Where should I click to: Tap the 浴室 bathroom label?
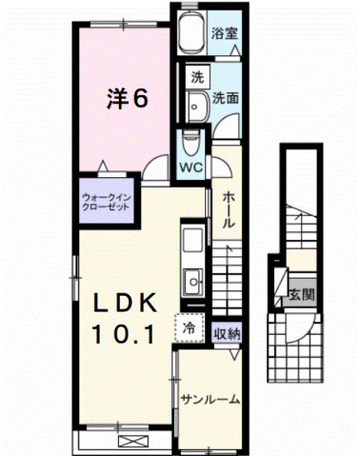226,31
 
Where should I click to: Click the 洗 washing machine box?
196,76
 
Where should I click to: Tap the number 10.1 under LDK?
128,334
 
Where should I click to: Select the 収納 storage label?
226,334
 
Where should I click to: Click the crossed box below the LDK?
127,441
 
